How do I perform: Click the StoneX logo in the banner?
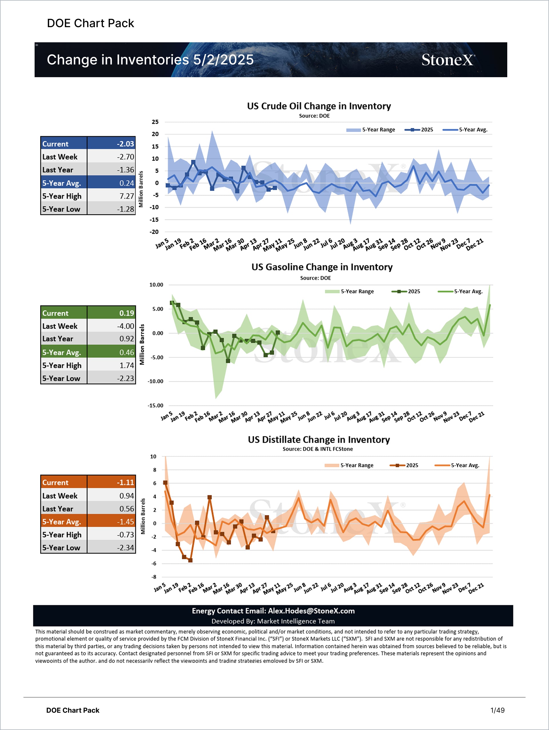click(x=448, y=60)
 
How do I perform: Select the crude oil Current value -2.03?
click(x=125, y=144)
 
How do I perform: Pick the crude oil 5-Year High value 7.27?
click(x=126, y=196)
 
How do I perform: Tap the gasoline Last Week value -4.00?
click(x=126, y=326)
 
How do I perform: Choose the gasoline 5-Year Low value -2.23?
click(x=126, y=378)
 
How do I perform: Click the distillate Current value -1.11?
click(x=125, y=482)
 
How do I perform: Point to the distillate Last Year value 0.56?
click(x=126, y=508)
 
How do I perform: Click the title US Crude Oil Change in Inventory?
click(x=319, y=106)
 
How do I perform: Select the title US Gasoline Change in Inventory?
click(x=322, y=267)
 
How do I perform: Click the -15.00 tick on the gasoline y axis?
click(x=155, y=406)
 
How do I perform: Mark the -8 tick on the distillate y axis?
click(x=154, y=577)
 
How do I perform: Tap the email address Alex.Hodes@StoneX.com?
click(x=311, y=611)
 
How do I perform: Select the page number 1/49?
click(x=497, y=710)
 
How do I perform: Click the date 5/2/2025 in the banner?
click(x=224, y=60)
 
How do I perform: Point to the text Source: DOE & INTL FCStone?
click(x=318, y=449)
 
